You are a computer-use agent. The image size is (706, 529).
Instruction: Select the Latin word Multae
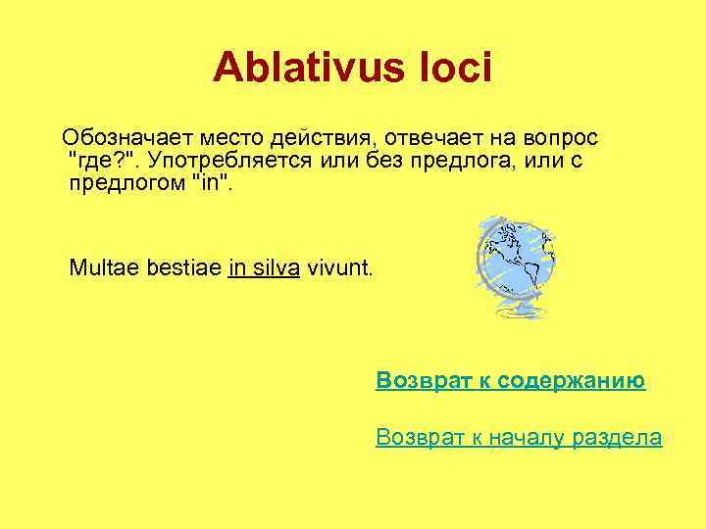coord(99,267)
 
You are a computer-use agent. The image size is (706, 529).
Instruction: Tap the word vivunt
coord(339,267)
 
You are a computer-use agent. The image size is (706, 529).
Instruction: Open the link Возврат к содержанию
coord(510,380)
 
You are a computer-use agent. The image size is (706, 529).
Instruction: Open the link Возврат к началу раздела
coord(519,438)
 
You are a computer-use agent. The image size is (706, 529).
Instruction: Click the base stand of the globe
coord(521,312)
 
